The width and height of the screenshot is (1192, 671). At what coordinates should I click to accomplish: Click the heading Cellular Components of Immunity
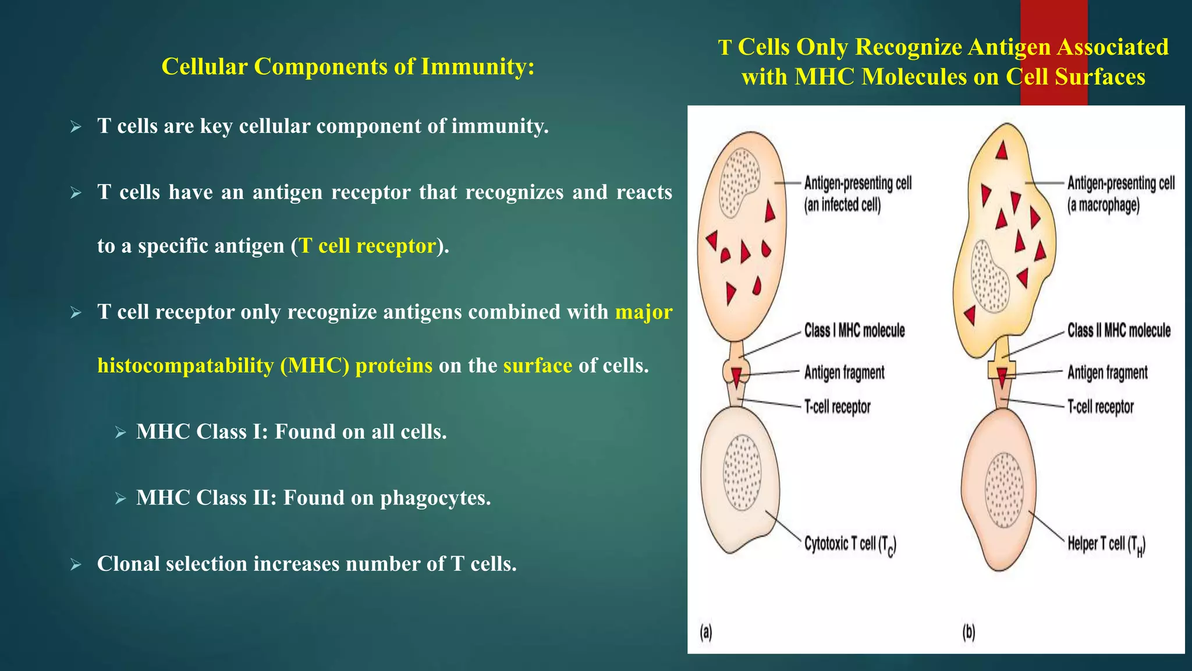347,66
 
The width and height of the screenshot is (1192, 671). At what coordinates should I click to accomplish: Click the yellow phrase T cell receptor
368,246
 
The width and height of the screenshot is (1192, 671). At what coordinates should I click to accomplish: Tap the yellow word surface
538,365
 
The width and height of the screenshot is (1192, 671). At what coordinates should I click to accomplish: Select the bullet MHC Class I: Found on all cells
291,432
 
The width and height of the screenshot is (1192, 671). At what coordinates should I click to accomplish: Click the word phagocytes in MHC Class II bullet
434,498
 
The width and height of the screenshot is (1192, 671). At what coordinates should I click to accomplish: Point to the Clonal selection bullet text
307,564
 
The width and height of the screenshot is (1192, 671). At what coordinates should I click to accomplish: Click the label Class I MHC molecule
854,331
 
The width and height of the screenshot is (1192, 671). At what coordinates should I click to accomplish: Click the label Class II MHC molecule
1119,331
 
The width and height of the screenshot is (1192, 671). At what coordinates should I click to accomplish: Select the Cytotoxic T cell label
850,545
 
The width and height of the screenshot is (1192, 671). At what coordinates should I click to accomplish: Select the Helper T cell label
1106,545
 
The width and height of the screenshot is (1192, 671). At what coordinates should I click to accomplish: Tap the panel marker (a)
706,632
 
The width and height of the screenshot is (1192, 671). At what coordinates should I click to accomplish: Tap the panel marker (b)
968,632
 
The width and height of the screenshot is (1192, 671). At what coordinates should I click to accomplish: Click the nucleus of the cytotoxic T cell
742,472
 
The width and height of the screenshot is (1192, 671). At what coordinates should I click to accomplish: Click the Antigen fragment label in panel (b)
1107,373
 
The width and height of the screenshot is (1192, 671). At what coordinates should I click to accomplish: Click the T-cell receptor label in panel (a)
837,407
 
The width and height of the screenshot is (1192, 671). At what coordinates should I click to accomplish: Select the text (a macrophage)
1103,205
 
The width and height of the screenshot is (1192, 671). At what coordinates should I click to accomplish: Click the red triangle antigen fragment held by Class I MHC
736,376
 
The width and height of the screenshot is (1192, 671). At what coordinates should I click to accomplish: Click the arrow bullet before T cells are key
76,126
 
